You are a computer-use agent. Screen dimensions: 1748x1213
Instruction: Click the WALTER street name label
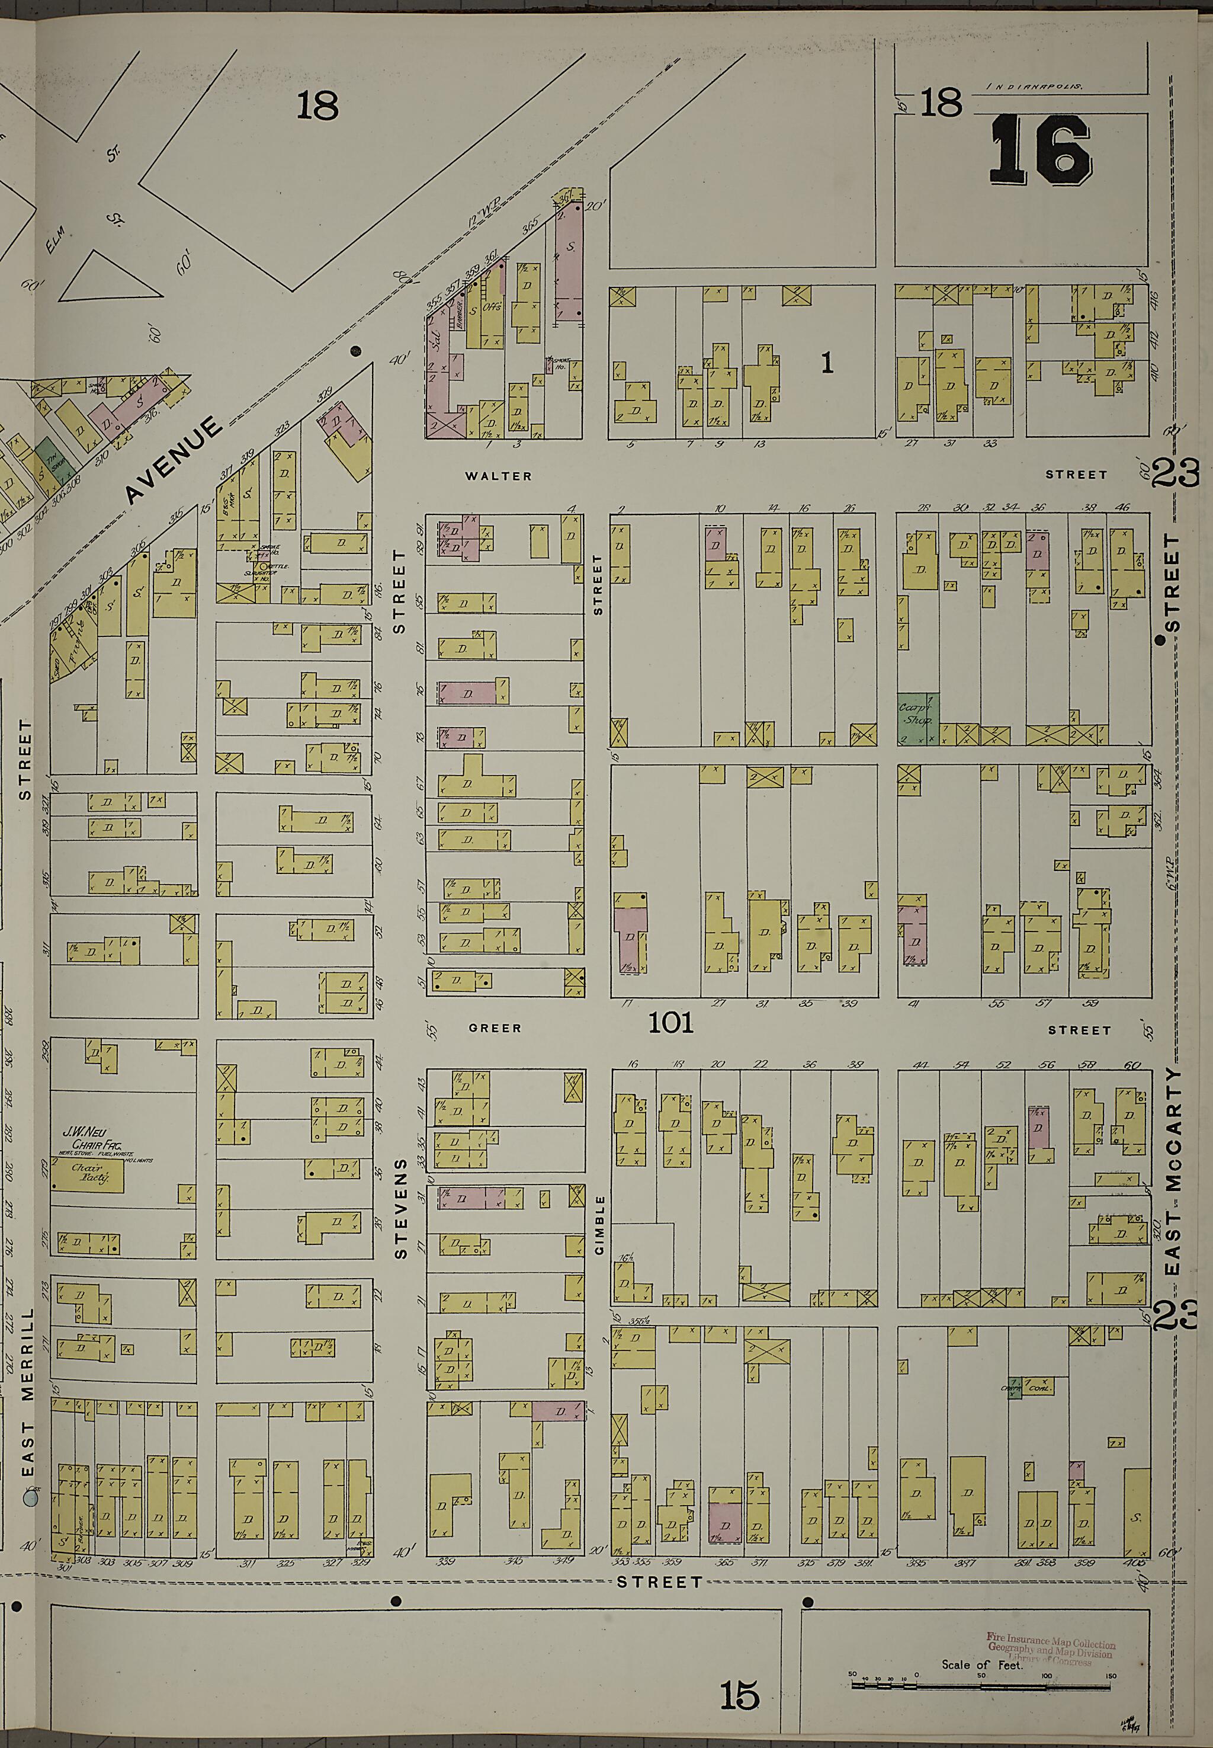(x=499, y=476)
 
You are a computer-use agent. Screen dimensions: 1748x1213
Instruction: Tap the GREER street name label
(x=495, y=1028)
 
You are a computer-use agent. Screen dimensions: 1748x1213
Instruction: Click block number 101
(x=670, y=1023)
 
